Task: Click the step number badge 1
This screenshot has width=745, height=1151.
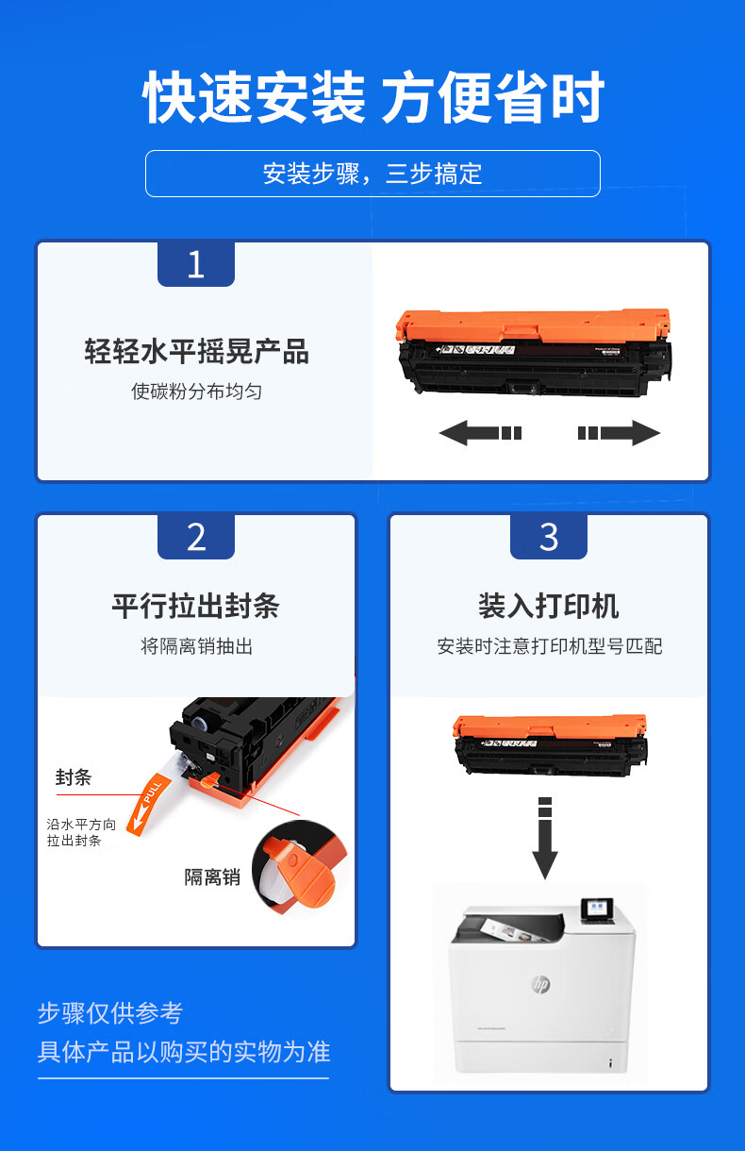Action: (x=196, y=264)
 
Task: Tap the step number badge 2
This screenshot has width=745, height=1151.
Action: (x=196, y=537)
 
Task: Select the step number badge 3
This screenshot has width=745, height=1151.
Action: (x=548, y=537)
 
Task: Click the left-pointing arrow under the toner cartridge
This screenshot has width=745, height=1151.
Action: (x=480, y=433)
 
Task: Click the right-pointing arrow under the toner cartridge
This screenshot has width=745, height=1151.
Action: (x=619, y=433)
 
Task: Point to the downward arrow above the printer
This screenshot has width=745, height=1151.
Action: (x=545, y=838)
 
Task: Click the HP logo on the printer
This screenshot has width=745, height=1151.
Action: (x=540, y=984)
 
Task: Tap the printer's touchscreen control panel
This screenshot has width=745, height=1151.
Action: (x=597, y=909)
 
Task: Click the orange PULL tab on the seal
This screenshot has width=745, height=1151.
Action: (x=148, y=804)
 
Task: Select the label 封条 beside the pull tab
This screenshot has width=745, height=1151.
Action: (x=74, y=777)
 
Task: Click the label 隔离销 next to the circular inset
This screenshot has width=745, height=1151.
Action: (x=212, y=876)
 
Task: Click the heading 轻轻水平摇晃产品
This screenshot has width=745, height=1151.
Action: (x=197, y=352)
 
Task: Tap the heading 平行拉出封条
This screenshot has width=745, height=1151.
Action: (x=196, y=606)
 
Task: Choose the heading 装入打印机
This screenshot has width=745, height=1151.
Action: (x=548, y=606)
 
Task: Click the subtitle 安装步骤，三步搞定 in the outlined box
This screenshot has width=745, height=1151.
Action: (x=372, y=174)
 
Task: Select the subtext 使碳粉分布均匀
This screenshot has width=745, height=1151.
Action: (x=196, y=392)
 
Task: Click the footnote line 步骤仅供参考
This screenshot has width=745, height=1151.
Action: (x=110, y=1012)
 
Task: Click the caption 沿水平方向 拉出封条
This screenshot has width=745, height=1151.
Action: (x=81, y=832)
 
